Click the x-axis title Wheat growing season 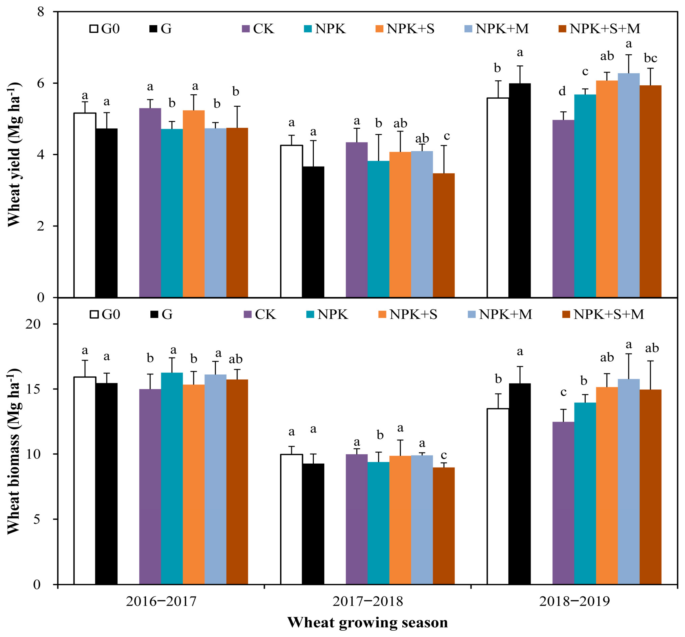click(367, 622)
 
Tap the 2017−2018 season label click(367, 602)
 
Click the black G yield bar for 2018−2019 click(520, 190)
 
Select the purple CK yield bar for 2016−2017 click(150, 203)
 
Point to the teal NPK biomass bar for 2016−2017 click(172, 478)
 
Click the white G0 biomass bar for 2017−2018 click(292, 519)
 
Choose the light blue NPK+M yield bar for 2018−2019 click(629, 185)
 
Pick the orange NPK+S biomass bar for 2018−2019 click(607, 486)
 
